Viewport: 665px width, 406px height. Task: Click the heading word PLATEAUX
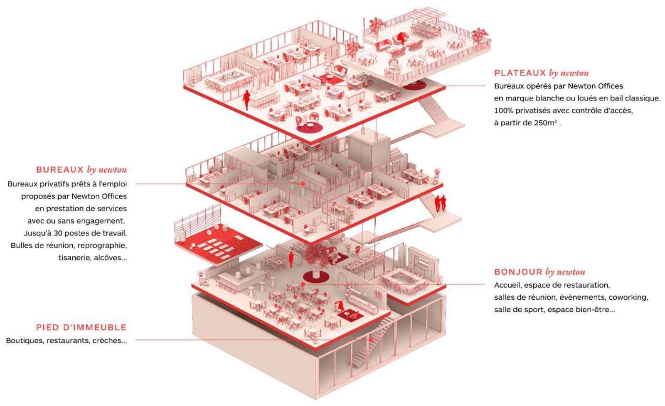[520, 73]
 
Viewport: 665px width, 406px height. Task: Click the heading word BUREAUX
[60, 170]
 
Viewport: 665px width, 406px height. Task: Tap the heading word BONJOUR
[518, 272]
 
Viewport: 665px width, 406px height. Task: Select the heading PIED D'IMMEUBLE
[81, 327]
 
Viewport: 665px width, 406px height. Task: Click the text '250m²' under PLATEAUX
[545, 123]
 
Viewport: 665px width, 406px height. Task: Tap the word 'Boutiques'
[24, 341]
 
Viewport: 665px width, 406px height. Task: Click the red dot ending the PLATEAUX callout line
[303, 86]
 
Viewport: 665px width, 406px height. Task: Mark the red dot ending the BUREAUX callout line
[303, 184]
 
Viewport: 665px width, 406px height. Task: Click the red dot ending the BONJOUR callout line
[303, 284]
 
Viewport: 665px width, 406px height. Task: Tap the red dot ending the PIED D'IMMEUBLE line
[369, 340]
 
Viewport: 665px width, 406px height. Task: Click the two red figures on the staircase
[440, 203]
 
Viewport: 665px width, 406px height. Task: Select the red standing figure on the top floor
[246, 100]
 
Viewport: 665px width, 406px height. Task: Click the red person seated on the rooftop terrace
[401, 38]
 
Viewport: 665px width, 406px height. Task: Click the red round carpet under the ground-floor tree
[316, 276]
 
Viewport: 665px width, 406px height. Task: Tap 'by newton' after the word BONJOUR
[565, 272]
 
